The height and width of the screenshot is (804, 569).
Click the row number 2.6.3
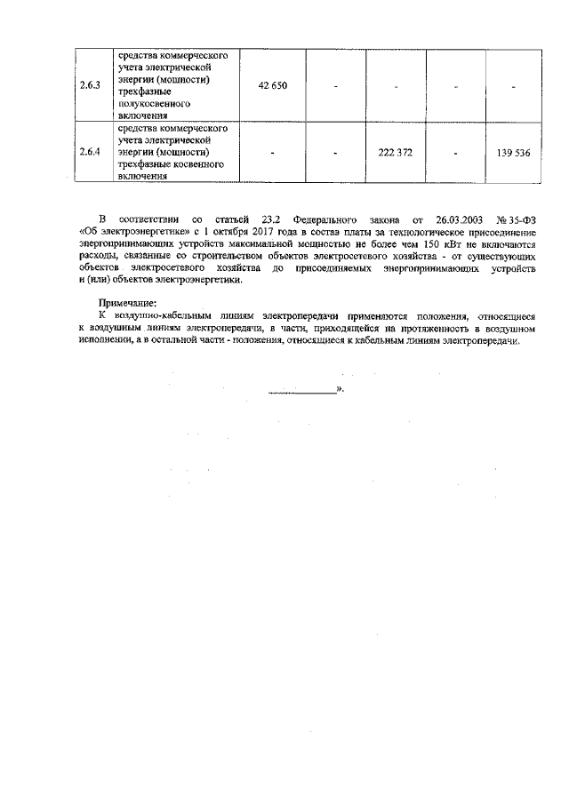(90, 85)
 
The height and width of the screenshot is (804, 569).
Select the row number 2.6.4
(90, 153)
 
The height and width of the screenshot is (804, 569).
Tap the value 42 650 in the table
(272, 85)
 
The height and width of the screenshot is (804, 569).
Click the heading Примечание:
(126, 303)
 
